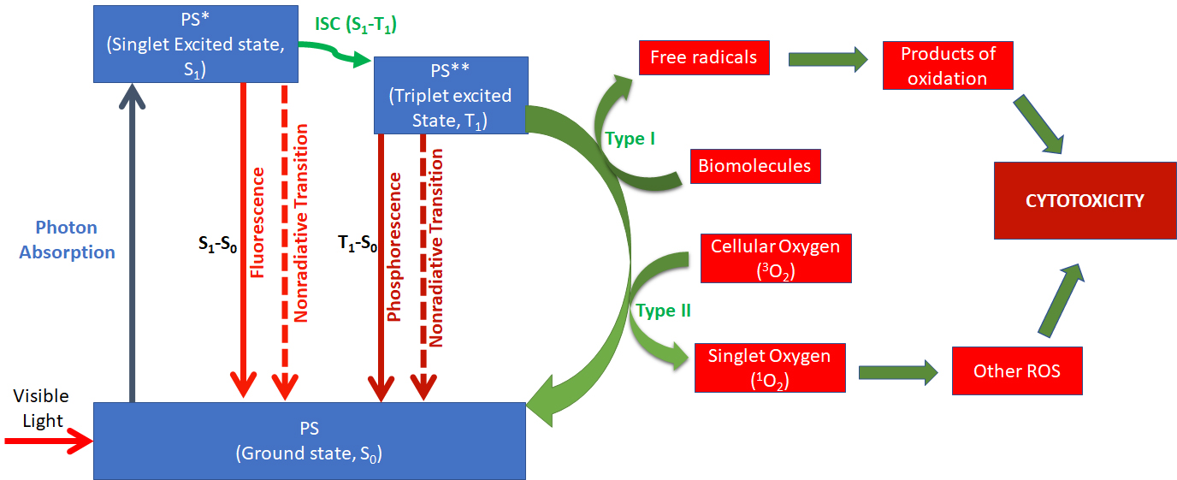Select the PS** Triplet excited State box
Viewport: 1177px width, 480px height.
pos(450,95)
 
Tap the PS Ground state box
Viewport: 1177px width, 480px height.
pos(309,440)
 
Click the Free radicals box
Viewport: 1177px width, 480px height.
pos(703,58)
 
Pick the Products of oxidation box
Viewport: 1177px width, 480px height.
pos(948,66)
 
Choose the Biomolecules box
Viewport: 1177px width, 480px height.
pos(754,165)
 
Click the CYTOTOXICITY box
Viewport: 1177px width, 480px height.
pos(1084,201)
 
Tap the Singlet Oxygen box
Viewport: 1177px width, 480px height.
pos(769,368)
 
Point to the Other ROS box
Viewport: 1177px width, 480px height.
pos(1017,370)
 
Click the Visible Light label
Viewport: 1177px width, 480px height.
pos(42,408)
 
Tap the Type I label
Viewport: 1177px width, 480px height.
pos(630,139)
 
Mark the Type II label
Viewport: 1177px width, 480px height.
pos(663,311)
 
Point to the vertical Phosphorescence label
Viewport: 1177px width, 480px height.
pos(394,246)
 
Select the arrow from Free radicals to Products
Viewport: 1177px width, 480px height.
pos(827,59)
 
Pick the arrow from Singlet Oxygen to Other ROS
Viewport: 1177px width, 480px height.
pos(898,370)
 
